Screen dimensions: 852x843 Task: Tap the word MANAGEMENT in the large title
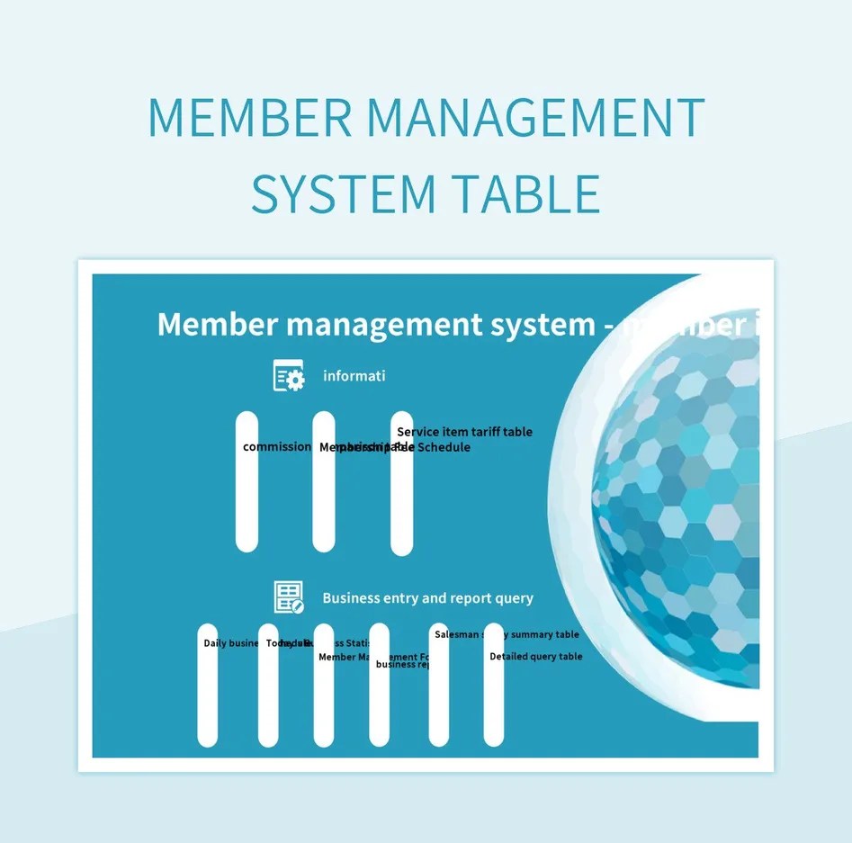click(x=535, y=118)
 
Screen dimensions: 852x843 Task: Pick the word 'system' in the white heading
click(x=543, y=324)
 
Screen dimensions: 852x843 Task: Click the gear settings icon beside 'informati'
click(x=289, y=375)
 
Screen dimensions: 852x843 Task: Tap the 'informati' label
click(x=354, y=376)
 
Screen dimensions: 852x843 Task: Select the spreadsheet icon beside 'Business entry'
click(x=289, y=597)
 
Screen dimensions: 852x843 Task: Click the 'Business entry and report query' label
click(x=427, y=598)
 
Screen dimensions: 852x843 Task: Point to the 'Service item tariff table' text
click(x=464, y=432)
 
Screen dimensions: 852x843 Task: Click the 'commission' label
click(x=277, y=447)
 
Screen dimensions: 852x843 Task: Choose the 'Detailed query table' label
click(x=536, y=657)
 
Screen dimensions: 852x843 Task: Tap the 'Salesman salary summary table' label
click(x=507, y=635)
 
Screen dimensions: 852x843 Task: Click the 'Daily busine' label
click(x=231, y=643)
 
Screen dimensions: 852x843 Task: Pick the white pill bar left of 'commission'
click(x=246, y=504)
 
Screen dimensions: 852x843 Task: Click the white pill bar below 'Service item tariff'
click(x=401, y=504)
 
